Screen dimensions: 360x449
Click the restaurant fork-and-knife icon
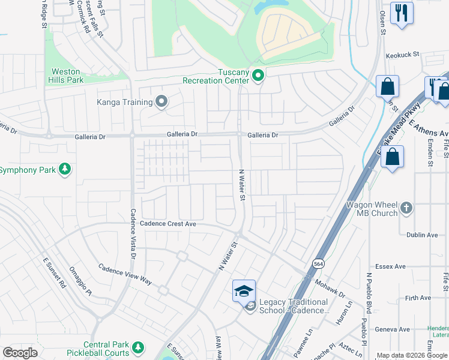pyautogui.click(x=401, y=13)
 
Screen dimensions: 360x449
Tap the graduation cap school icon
pyautogui.click(x=244, y=291)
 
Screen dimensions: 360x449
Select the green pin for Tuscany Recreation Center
pyautogui.click(x=258, y=76)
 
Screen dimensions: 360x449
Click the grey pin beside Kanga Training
pyautogui.click(x=161, y=101)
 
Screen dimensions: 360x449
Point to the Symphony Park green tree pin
pyautogui.click(x=65, y=170)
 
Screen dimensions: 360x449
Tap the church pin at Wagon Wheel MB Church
pyautogui.click(x=406, y=208)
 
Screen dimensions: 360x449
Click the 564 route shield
pyautogui.click(x=318, y=263)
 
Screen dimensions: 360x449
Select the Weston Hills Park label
pyautogui.click(x=66, y=76)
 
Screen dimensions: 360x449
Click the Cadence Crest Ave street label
pyautogui.click(x=168, y=223)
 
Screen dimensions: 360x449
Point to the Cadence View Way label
pyautogui.click(x=125, y=273)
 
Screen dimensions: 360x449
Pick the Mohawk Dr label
pyautogui.click(x=330, y=286)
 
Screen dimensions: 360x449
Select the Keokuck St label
pyautogui.click(x=402, y=54)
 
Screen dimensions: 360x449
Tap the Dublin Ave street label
pyautogui.click(x=423, y=235)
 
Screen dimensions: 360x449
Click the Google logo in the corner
pyautogui.click(x=20, y=353)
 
